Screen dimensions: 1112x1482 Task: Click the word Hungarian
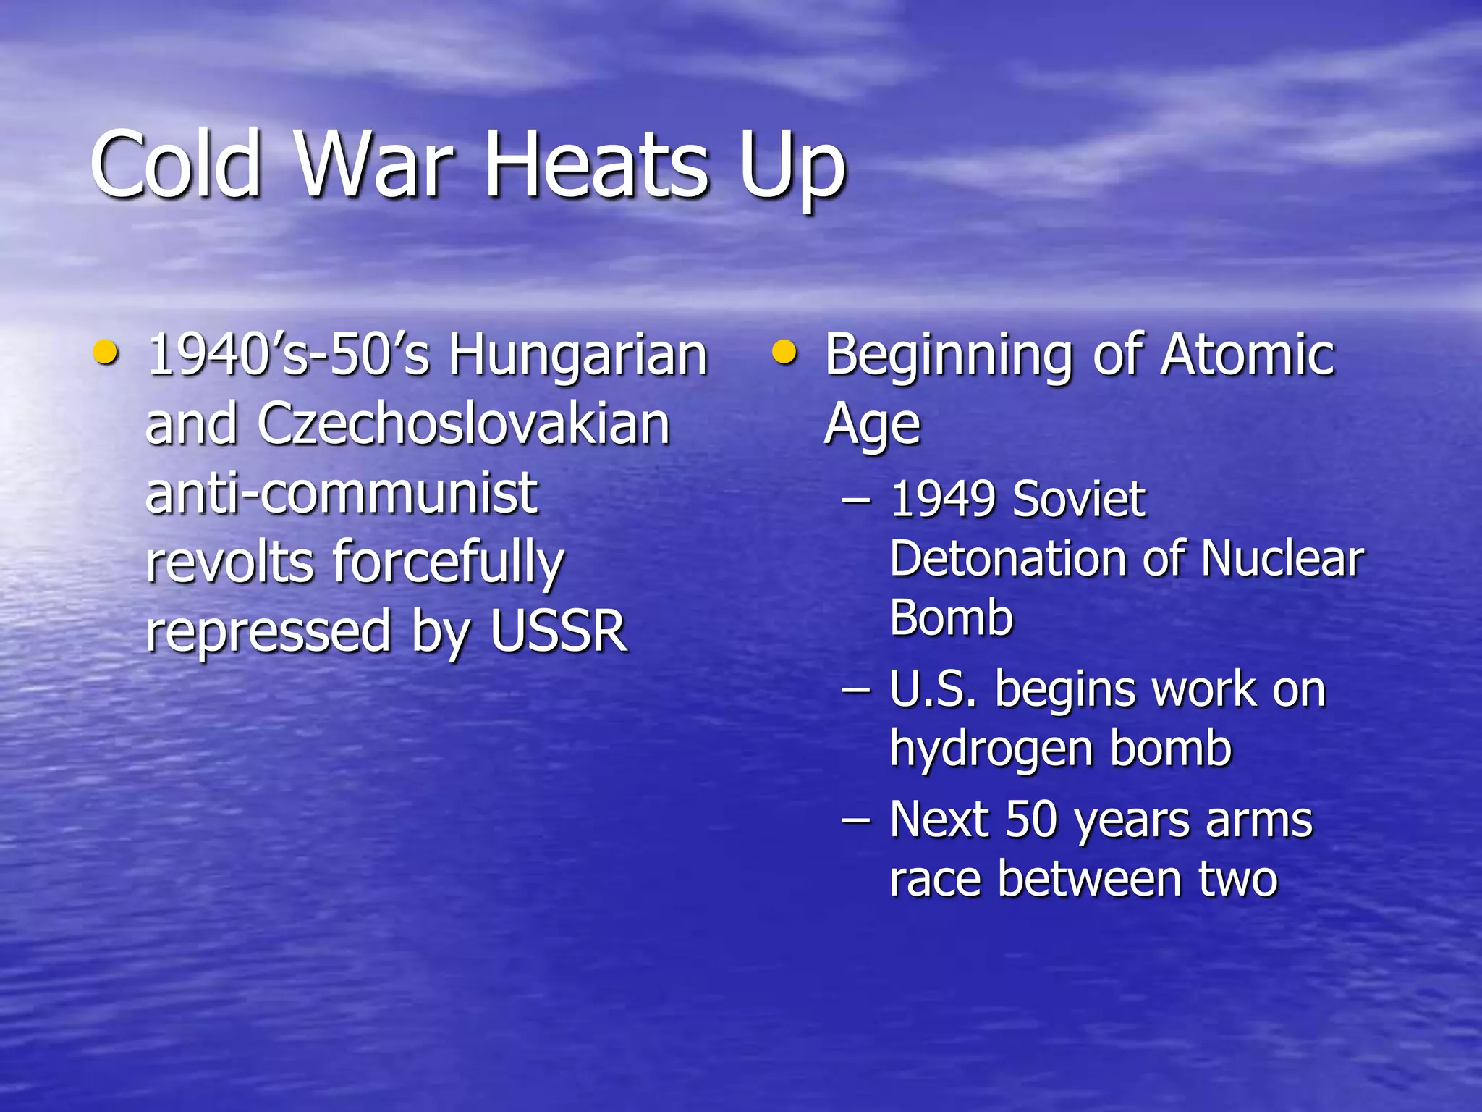pos(577,356)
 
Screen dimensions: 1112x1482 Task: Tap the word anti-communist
pos(342,493)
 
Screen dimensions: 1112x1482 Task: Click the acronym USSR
pos(558,631)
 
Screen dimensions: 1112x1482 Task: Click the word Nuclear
pos(1282,559)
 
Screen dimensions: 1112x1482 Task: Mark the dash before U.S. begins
pos(856,690)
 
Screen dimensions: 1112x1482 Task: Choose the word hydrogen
pos(989,749)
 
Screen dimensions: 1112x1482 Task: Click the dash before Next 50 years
pos(856,821)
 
